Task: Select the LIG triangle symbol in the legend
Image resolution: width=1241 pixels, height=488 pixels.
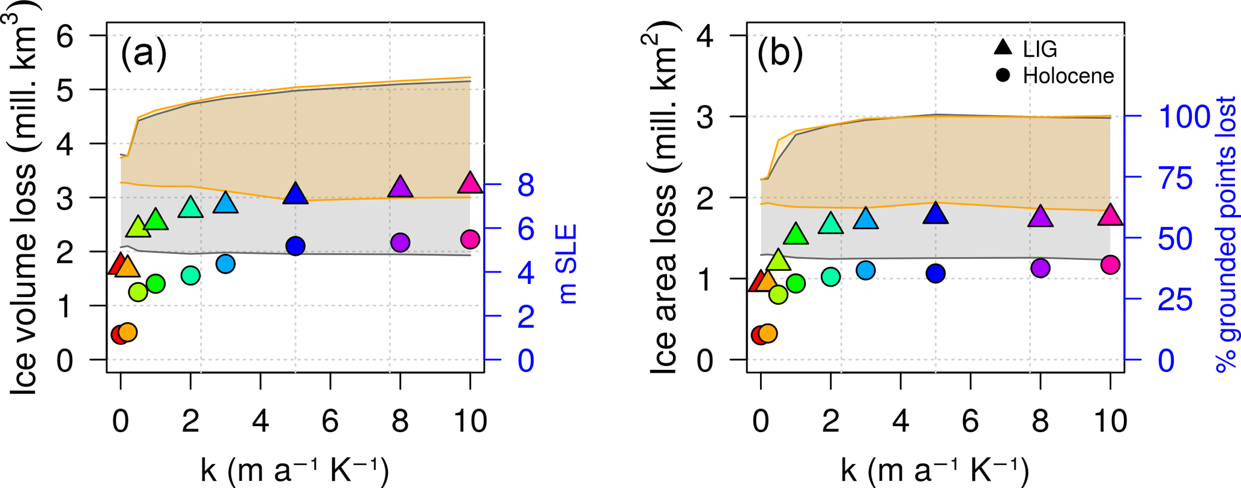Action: pyautogui.click(x=1003, y=47)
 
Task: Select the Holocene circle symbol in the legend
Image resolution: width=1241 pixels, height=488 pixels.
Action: pyautogui.click(x=1003, y=76)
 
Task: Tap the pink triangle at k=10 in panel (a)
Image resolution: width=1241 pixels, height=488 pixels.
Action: pyautogui.click(x=470, y=183)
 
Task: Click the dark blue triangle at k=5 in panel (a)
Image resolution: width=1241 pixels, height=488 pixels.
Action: pyautogui.click(x=295, y=194)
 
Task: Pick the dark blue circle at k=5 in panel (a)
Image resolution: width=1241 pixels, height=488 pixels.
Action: pyautogui.click(x=295, y=246)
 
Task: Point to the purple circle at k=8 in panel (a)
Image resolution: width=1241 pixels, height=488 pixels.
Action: pyautogui.click(x=400, y=242)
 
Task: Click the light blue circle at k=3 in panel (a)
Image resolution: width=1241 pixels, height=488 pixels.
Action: pyautogui.click(x=225, y=264)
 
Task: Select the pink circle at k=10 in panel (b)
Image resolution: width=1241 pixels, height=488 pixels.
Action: pyautogui.click(x=1110, y=264)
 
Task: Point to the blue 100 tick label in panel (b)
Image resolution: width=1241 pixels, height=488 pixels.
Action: pyautogui.click(x=1184, y=116)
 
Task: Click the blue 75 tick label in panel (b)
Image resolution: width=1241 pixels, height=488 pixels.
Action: pyautogui.click(x=1175, y=178)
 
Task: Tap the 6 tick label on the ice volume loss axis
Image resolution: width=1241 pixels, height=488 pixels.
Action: pyautogui.click(x=65, y=36)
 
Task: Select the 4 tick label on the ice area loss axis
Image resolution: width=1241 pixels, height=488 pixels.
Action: pyautogui.click(x=705, y=36)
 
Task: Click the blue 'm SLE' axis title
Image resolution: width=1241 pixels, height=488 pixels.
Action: pyautogui.click(x=567, y=264)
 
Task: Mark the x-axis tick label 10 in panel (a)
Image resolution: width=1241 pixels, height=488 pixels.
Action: pyautogui.click(x=470, y=421)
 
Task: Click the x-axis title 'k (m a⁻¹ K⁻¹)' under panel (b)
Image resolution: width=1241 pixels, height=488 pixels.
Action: pyautogui.click(x=935, y=471)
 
